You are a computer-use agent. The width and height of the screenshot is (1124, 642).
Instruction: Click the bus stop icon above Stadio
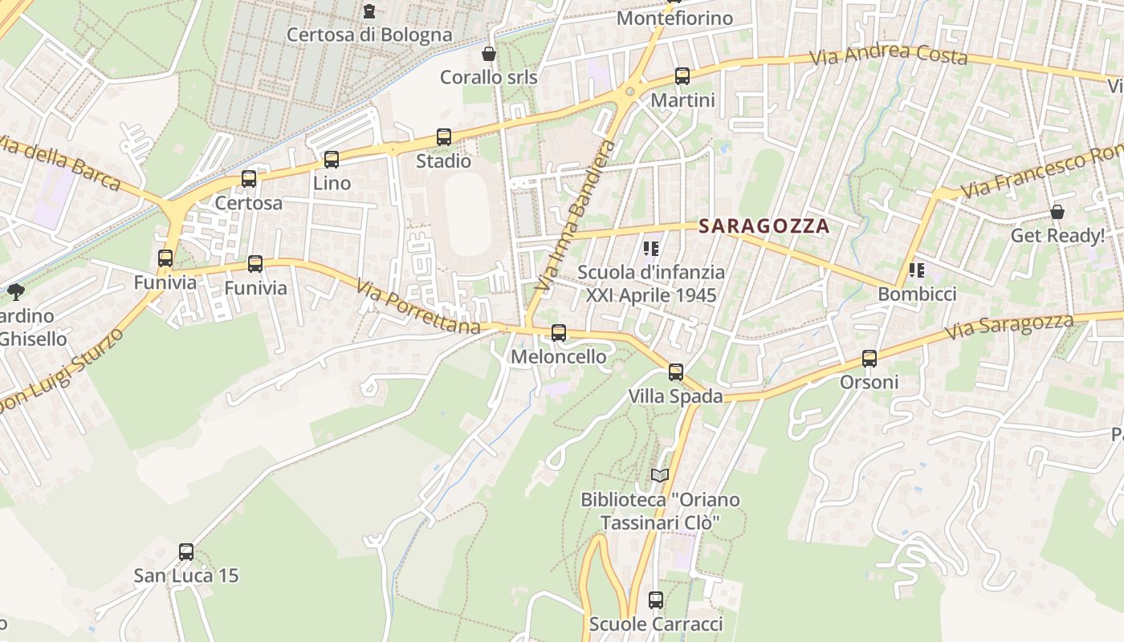click(444, 137)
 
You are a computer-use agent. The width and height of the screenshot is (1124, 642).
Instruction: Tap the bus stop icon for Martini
click(682, 76)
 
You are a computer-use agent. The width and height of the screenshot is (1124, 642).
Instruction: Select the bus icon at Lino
click(332, 160)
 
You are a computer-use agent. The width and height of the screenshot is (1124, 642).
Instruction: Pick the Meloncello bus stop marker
click(559, 332)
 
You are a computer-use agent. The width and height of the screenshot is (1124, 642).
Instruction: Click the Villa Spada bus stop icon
click(676, 372)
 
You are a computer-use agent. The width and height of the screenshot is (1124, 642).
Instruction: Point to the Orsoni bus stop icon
click(869, 359)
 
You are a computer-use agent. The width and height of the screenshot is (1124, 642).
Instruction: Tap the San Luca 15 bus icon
click(186, 552)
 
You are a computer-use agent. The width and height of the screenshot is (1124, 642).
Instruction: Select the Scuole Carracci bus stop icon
click(656, 600)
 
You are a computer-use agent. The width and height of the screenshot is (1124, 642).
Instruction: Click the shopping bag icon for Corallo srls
click(488, 54)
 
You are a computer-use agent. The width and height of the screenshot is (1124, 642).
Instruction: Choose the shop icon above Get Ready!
click(1057, 212)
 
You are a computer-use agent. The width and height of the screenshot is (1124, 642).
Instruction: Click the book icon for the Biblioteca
click(660, 476)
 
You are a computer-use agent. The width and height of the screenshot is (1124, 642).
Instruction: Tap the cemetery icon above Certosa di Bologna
click(369, 11)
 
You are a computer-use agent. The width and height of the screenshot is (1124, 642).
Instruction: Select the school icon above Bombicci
click(916, 270)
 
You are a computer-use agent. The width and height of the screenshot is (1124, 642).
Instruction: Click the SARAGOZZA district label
click(764, 226)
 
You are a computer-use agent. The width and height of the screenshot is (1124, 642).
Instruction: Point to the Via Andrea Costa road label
click(888, 55)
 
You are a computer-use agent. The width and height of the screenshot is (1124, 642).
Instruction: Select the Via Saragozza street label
click(1008, 327)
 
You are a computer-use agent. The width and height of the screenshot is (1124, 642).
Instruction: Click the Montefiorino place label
click(674, 18)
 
